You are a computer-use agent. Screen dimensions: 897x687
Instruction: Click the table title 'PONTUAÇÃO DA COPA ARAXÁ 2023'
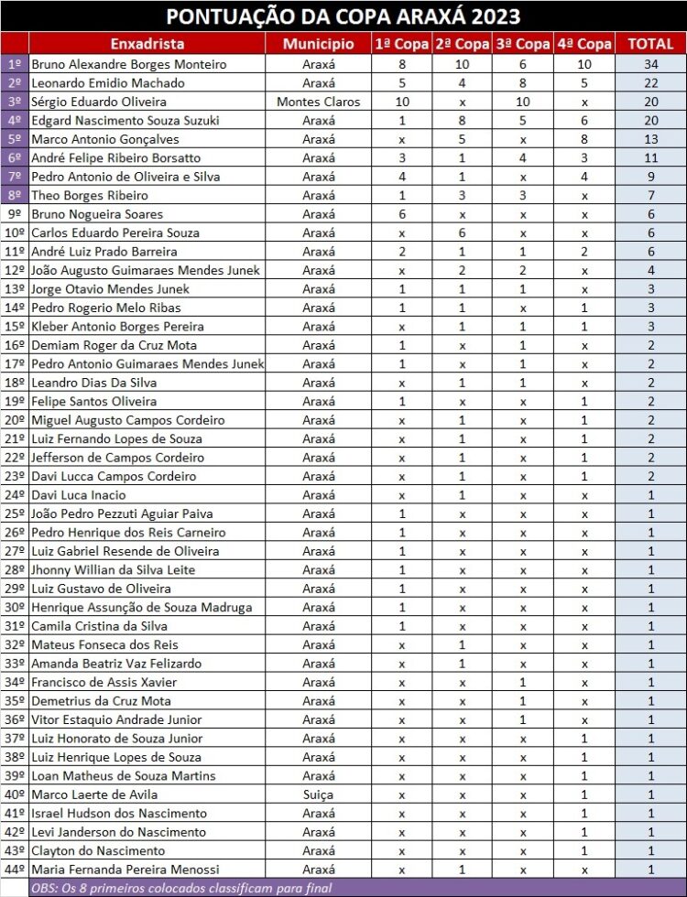pos(343,16)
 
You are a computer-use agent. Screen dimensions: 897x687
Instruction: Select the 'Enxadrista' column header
pos(147,44)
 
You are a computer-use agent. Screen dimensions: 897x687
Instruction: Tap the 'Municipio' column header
pos(318,44)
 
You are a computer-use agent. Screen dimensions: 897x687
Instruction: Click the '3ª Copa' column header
pos(522,44)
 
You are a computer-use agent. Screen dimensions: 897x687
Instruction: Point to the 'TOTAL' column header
pos(650,44)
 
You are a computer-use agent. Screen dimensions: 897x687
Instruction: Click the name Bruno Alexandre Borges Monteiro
pos(128,64)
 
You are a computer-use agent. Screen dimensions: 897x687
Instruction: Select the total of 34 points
pos(650,64)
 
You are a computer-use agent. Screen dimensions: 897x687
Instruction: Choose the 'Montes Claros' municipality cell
pos(318,102)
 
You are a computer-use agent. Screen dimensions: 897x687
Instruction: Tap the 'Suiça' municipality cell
pos(318,794)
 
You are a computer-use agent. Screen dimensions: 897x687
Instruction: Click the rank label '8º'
pos(15,195)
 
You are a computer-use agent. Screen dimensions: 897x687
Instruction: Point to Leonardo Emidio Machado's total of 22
pos(650,82)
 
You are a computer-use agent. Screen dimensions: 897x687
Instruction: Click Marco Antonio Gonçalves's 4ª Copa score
pos(583,139)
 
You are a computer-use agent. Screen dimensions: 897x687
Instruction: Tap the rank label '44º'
pos(15,870)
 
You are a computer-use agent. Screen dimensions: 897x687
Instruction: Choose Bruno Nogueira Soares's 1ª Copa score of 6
pos(401,214)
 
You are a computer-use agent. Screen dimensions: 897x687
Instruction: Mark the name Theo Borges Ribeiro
pos(90,195)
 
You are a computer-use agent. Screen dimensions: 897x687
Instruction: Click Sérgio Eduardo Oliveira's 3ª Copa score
pos(522,102)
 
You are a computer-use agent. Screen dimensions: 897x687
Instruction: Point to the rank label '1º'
pos(15,64)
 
